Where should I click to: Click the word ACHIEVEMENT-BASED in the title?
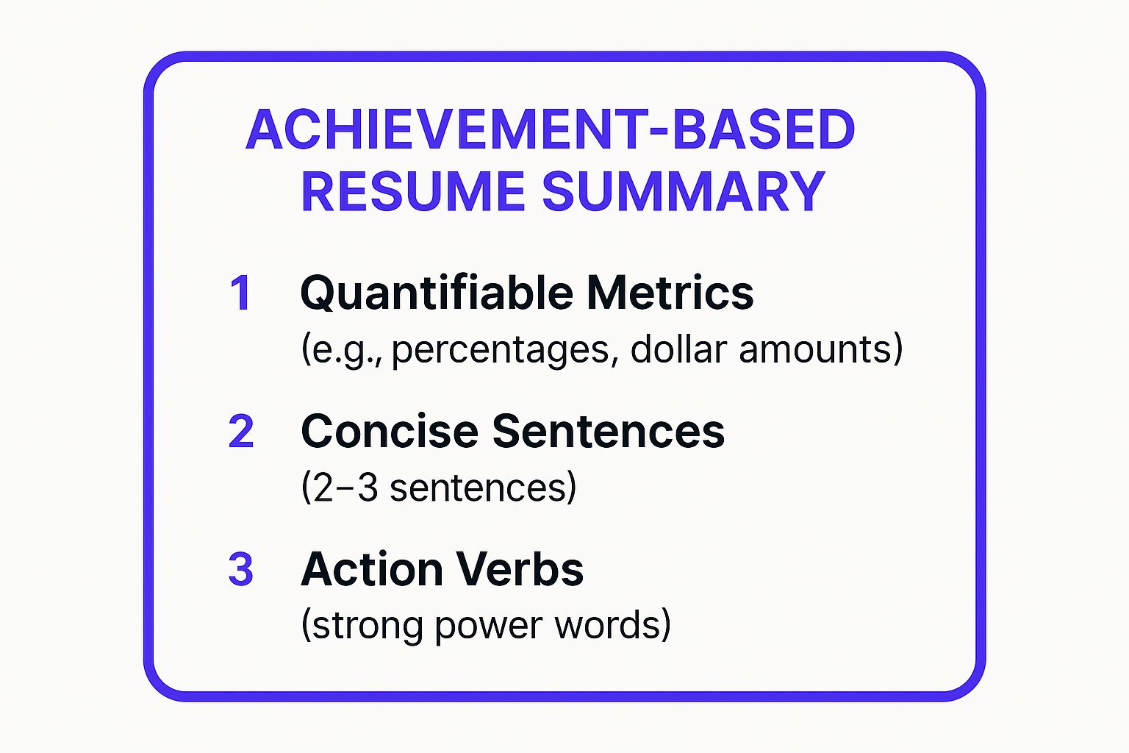tap(551, 129)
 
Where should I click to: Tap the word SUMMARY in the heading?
tap(684, 192)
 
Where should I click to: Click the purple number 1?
tap(240, 293)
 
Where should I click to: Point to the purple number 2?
tap(240, 431)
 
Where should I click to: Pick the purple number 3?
tap(240, 569)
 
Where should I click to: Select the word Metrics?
tap(670, 293)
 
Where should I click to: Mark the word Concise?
tap(389, 431)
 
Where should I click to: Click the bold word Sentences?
tap(609, 431)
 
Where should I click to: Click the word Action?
tap(372, 569)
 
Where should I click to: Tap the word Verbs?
tap(520, 569)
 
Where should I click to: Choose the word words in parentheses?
tap(606, 624)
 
